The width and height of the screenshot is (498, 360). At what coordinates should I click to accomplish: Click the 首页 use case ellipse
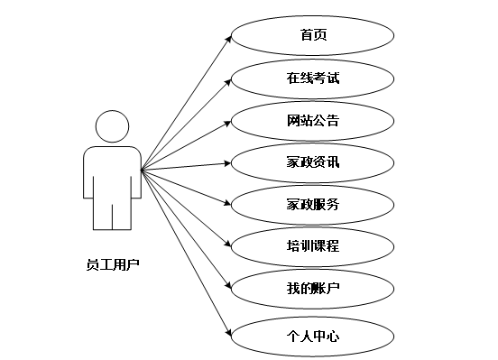pos(313,35)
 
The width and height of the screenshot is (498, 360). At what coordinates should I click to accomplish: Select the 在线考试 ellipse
pos(313,78)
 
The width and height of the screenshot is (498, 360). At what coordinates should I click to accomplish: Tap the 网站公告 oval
pos(313,120)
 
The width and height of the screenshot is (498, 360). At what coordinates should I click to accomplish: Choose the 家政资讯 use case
pos(313,162)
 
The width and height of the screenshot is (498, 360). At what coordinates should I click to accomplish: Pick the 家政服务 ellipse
pos(313,205)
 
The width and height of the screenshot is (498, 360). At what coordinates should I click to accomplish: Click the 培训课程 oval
pos(313,245)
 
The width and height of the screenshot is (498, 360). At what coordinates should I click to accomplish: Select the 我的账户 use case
pos(313,289)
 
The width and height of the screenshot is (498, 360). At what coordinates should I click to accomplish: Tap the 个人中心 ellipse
pos(313,337)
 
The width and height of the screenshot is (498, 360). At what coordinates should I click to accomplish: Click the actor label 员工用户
pos(114,265)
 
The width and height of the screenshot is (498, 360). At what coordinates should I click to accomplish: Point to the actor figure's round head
pos(112,125)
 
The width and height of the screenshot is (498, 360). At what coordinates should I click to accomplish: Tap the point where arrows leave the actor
pos(142,168)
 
